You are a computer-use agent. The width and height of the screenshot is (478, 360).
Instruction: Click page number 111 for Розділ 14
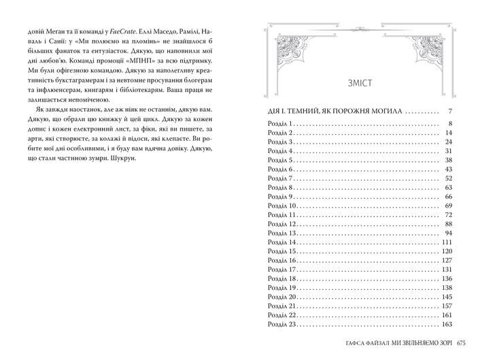(447, 242)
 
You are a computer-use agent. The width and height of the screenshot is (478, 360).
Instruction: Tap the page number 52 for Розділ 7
(449, 178)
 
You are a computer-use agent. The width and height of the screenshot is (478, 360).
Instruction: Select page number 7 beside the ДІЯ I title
(450, 110)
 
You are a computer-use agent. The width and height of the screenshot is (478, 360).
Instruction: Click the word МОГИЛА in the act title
(385, 110)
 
